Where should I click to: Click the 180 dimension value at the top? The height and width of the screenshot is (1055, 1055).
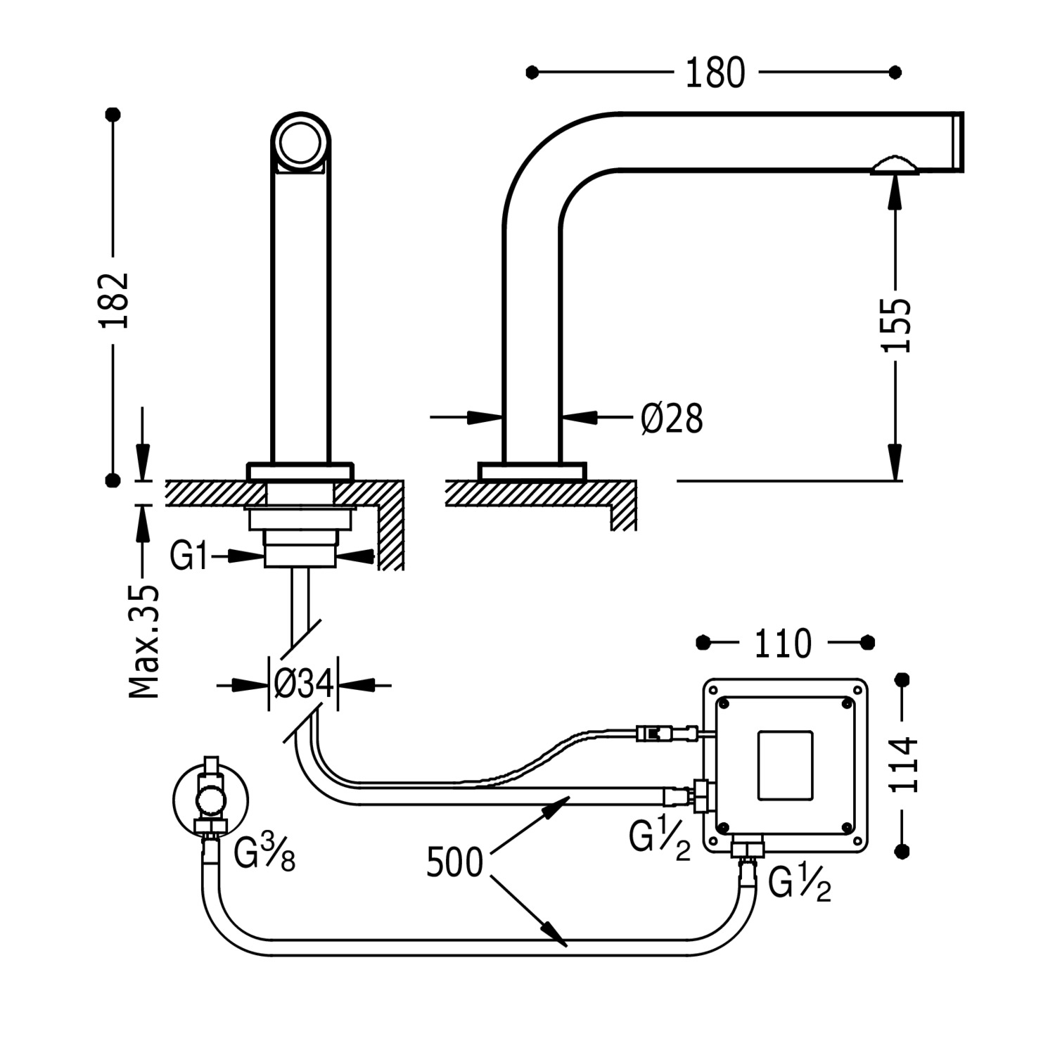[x=715, y=72]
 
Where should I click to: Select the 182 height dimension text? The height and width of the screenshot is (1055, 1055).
[x=115, y=299]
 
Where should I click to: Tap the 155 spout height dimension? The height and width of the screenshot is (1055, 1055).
[x=896, y=325]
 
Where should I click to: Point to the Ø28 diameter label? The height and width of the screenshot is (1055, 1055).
[x=672, y=419]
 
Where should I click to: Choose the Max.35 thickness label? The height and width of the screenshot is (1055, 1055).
[x=145, y=640]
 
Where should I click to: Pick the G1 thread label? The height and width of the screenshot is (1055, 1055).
[x=190, y=556]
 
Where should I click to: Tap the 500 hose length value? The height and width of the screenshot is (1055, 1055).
[x=455, y=862]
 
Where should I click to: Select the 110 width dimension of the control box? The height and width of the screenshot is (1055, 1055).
[x=782, y=643]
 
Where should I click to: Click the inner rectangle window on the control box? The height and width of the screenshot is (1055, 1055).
[x=785, y=765]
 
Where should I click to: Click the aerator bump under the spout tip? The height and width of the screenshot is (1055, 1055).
[x=894, y=166]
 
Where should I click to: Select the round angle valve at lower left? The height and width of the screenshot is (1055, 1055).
[x=210, y=798]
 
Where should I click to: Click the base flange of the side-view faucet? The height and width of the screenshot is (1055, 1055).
[x=532, y=471]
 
